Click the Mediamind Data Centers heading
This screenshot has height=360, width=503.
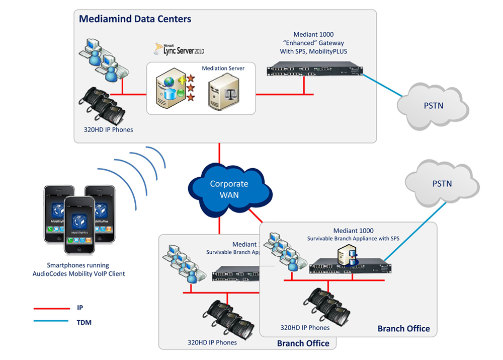135,20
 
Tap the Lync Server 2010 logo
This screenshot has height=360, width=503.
180,49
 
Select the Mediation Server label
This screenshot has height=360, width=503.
223,68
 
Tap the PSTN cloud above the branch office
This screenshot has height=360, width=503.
442,183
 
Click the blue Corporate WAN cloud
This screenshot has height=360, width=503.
230,189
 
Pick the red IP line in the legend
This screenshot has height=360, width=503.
51,308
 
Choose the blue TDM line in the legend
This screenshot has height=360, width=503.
51,321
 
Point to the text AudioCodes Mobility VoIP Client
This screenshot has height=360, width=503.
78,273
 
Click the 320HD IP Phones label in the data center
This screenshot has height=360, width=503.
109,129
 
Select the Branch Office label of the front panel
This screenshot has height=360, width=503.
403,328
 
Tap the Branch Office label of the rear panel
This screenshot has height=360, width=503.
303,343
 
